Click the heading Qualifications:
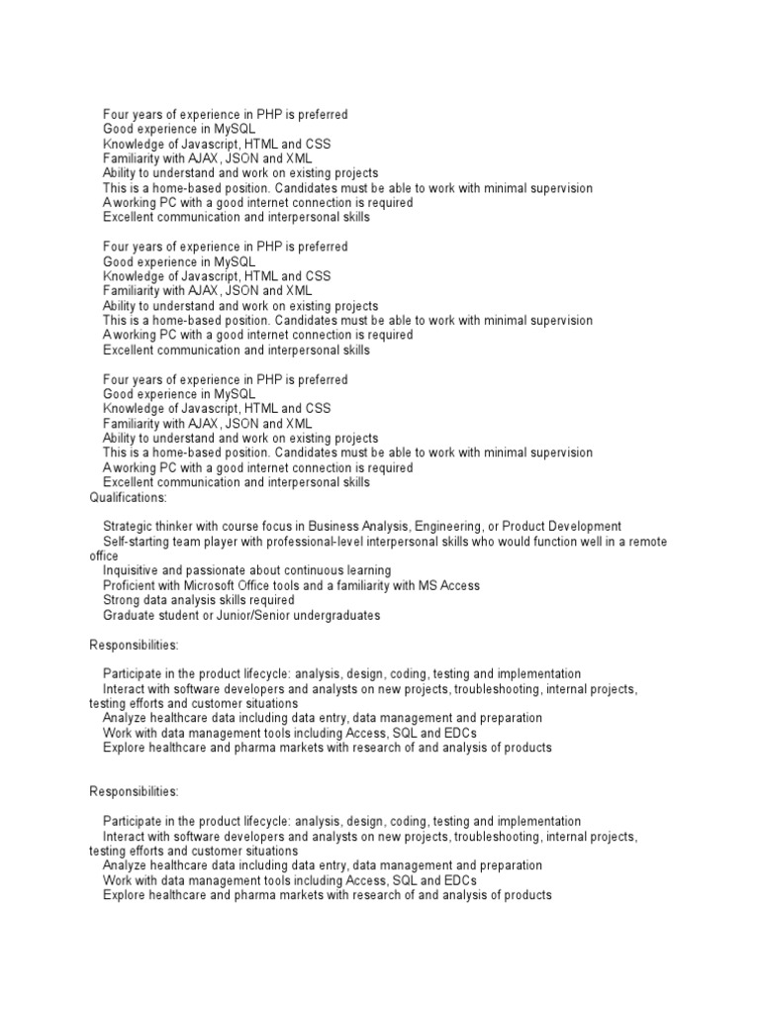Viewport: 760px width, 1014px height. click(x=129, y=497)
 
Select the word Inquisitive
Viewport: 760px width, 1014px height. click(x=134, y=571)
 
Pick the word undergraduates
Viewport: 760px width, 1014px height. click(x=335, y=616)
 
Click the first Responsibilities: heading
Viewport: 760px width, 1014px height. click(x=135, y=645)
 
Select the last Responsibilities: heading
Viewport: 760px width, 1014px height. click(x=135, y=792)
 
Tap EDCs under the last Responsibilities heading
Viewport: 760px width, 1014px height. click(x=459, y=880)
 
